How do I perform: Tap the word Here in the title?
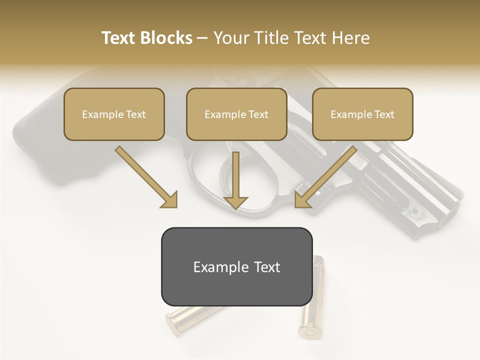pyautogui.click(x=348, y=38)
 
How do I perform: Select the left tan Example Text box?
pyautogui.click(x=114, y=114)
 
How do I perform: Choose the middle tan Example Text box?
pyautogui.click(x=236, y=114)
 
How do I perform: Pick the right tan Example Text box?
pyautogui.click(x=362, y=114)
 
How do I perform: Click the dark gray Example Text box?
pyautogui.click(x=236, y=266)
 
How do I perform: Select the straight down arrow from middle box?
pyautogui.click(x=235, y=177)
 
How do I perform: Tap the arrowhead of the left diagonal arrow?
pyautogui.click(x=170, y=199)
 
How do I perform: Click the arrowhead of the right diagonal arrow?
pyautogui.click(x=302, y=199)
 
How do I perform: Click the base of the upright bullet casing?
pyautogui.click(x=307, y=331)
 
